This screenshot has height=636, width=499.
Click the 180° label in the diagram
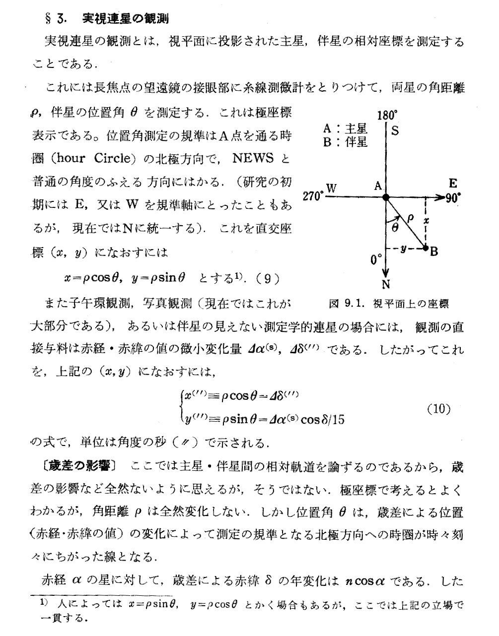coord(387,116)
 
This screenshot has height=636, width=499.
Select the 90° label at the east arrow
coord(453,197)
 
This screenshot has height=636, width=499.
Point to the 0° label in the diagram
coord(376,259)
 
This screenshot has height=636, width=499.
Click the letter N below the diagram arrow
coord(386,284)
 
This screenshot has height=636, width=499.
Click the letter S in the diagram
coord(395,131)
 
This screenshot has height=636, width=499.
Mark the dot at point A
coord(386,197)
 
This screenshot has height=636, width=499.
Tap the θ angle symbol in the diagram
coord(395,227)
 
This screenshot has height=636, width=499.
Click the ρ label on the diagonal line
coord(410,217)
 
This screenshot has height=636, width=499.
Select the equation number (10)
coord(438,409)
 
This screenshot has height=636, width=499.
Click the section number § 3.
coord(55,19)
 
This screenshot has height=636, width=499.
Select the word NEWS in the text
coord(253,159)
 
